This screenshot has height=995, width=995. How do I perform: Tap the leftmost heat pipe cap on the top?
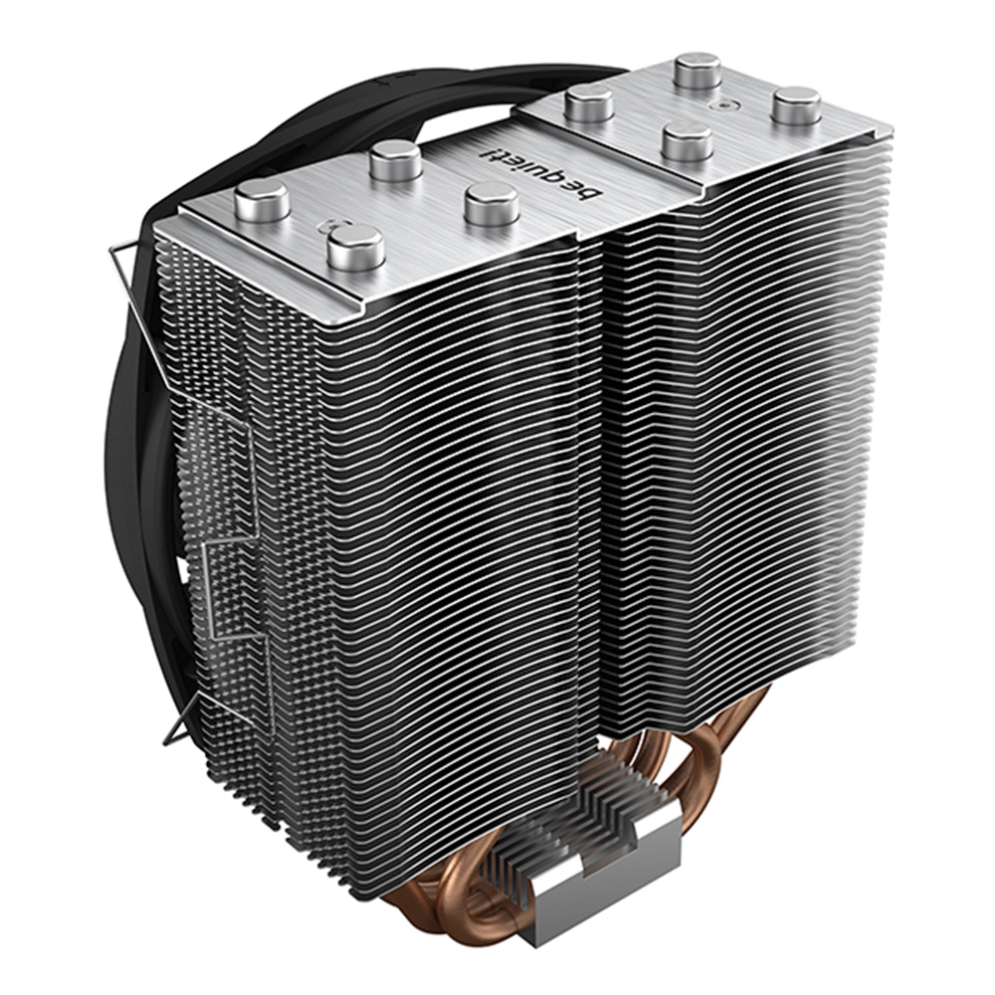262,199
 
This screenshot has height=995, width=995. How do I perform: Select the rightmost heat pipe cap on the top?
796,105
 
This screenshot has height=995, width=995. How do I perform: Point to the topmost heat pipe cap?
697,71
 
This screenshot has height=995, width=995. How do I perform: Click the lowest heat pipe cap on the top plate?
356,248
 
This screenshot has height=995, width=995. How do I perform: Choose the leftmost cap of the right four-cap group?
589,103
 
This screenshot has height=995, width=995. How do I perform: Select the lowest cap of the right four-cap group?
686,141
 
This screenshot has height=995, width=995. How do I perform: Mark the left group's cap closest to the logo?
492,203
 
